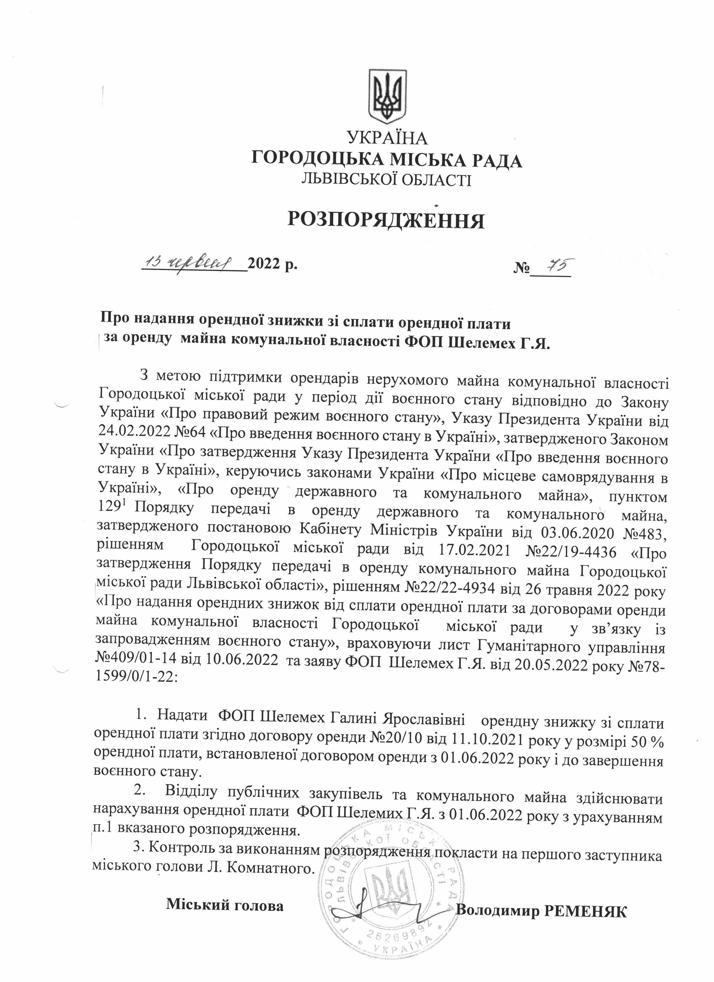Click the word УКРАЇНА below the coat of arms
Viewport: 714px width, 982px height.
point(388,139)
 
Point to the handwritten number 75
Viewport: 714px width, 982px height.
point(553,264)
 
